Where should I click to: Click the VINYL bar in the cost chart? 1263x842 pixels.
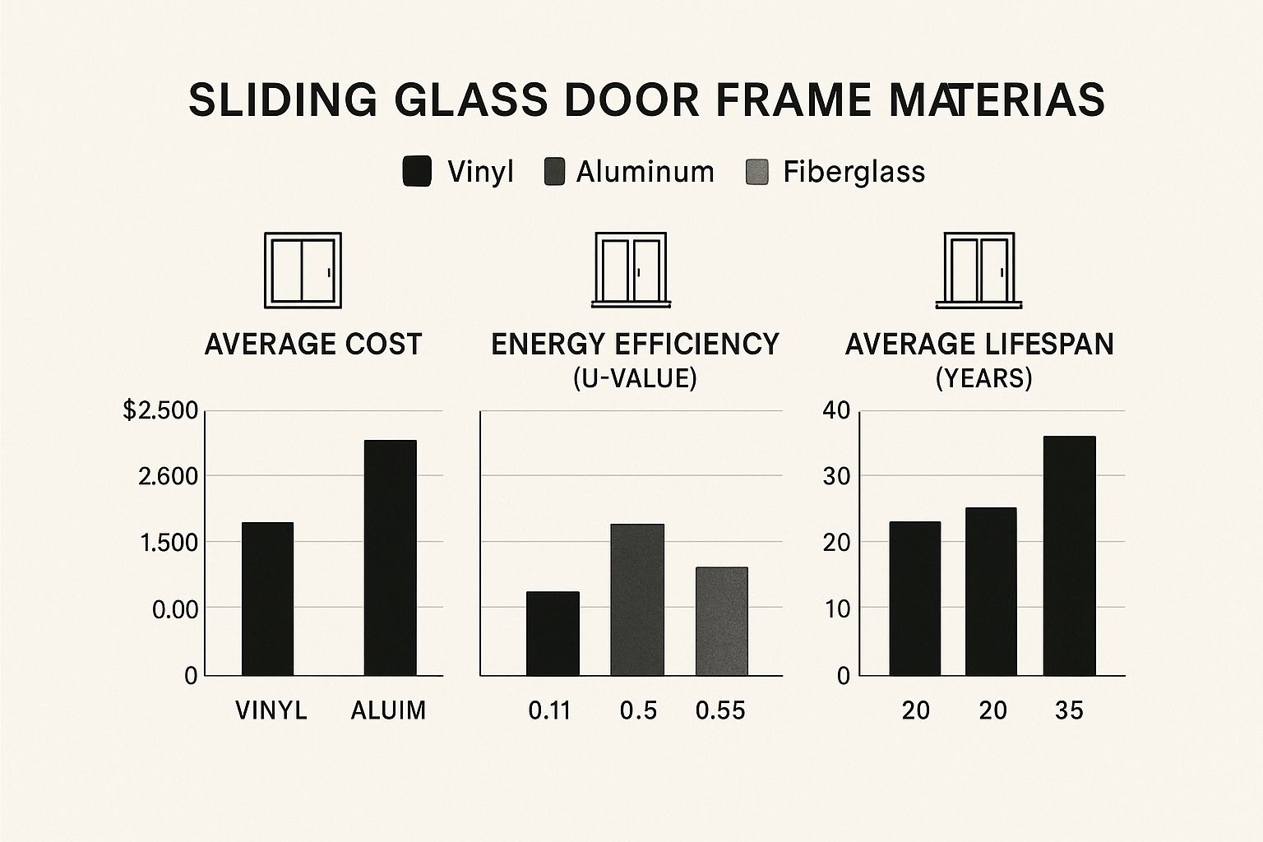(x=267, y=599)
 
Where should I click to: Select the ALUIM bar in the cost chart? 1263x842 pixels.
(x=390, y=557)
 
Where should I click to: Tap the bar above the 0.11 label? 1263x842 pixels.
(x=553, y=633)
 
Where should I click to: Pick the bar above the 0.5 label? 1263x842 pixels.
(x=637, y=599)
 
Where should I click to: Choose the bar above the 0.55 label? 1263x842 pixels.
(x=721, y=621)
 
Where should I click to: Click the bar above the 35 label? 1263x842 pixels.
(x=1069, y=556)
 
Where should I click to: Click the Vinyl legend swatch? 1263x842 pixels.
(x=417, y=172)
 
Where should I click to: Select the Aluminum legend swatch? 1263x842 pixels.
(x=554, y=172)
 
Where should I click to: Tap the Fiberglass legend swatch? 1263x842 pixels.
(x=756, y=172)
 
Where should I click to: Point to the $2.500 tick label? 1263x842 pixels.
(x=160, y=410)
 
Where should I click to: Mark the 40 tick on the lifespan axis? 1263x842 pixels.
(x=835, y=410)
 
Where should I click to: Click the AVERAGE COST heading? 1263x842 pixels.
(x=312, y=344)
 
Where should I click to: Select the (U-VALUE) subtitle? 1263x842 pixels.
(x=635, y=378)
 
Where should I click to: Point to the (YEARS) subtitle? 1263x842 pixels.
(x=983, y=378)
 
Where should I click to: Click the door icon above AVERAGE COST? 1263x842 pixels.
(x=302, y=270)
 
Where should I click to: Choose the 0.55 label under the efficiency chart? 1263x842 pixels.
(x=720, y=710)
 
